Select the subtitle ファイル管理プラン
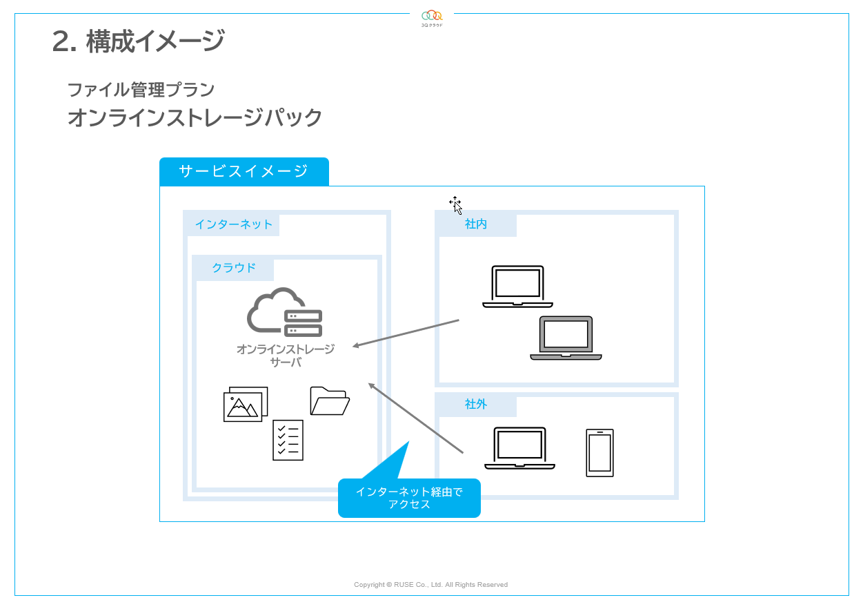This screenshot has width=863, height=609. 141,90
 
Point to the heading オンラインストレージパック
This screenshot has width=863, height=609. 195,118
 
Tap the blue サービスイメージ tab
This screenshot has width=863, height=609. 244,171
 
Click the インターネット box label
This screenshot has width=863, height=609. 233,224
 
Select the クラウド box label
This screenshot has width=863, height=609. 234,268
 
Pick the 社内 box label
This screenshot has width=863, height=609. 476,224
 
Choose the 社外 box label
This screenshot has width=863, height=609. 476,404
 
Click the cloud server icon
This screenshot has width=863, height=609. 284,312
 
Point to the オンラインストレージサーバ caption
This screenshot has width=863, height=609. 285,355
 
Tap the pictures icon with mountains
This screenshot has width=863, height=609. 245,404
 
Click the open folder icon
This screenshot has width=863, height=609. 330,400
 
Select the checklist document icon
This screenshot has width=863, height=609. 288,440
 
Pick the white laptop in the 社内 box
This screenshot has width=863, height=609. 517,287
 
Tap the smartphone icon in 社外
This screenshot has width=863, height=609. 599,453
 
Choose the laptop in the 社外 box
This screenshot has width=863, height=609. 519,448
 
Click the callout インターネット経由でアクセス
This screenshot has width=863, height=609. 409,498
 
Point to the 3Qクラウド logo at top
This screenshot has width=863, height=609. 432,18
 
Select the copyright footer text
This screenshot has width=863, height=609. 430,585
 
